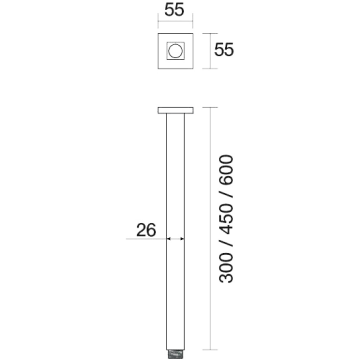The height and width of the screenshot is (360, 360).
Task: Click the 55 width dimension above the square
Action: coord(174,10)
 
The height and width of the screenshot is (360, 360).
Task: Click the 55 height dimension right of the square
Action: coord(224,50)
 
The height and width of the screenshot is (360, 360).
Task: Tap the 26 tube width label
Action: coord(146,230)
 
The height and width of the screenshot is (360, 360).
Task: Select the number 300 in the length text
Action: coord(226,268)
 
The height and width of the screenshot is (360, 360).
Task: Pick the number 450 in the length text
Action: coord(226,217)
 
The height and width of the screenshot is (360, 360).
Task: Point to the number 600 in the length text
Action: coord(226,169)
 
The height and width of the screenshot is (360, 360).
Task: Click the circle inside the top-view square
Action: coord(175,51)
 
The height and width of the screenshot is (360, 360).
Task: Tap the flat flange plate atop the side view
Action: coord(175,110)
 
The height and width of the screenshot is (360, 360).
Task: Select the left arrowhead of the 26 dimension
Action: coord(168,239)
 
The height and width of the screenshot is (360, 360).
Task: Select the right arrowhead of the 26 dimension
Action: coord(182,239)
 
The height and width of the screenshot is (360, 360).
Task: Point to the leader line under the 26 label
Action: coord(146,239)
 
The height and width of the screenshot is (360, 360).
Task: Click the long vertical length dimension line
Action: coord(210,229)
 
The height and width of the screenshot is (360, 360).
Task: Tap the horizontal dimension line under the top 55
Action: coord(175,21)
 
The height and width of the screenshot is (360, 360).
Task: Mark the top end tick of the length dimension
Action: coord(210,107)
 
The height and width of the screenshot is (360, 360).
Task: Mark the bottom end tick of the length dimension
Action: coord(210,350)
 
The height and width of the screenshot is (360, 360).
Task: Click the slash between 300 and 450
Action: coord(226,243)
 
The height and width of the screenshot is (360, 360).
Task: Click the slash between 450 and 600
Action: coord(226,193)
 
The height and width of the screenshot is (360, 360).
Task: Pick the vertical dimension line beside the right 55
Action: coord(210,51)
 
